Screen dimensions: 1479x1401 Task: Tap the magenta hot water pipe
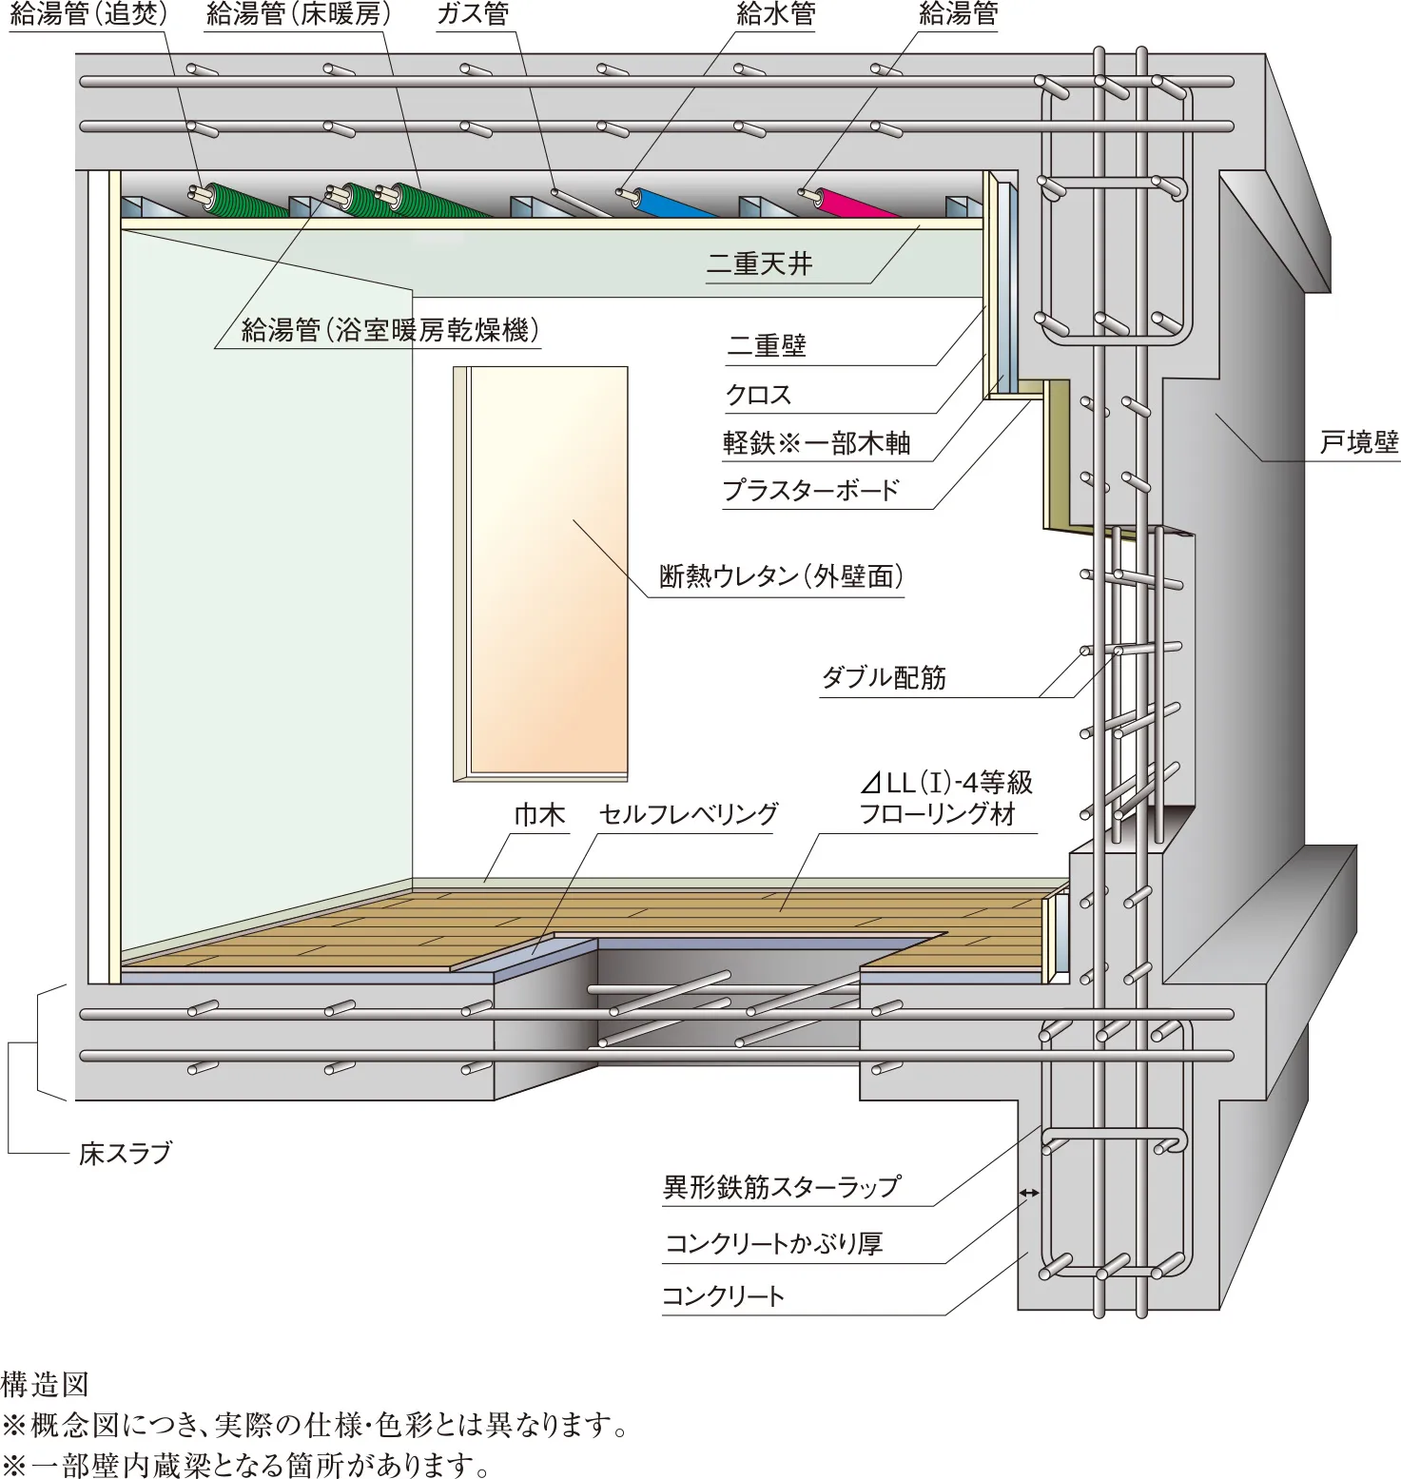pos(851,203)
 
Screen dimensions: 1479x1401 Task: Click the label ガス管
pos(473,14)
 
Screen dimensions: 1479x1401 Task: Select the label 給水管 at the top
pos(775,14)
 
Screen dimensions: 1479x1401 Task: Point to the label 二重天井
pos(759,264)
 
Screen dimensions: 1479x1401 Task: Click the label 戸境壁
pos(1359,442)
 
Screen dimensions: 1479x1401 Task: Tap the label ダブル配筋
pos(884,678)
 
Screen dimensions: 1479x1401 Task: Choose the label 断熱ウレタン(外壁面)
pos(781,576)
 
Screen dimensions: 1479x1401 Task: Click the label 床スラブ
pos(125,1154)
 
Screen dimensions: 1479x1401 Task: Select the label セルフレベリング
pos(688,814)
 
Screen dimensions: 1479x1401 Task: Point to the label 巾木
pos(539,815)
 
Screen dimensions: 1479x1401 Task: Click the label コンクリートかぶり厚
pos(773,1244)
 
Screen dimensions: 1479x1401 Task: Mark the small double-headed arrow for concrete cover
pos(1029,1193)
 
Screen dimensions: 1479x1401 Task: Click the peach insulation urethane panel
pos(550,571)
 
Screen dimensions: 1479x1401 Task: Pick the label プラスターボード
pos(810,491)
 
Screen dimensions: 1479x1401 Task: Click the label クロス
pos(758,395)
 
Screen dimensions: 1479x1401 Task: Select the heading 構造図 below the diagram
pos(45,1385)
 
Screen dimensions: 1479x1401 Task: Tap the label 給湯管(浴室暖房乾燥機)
pos(390,330)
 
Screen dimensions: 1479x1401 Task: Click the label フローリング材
pos(937,814)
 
